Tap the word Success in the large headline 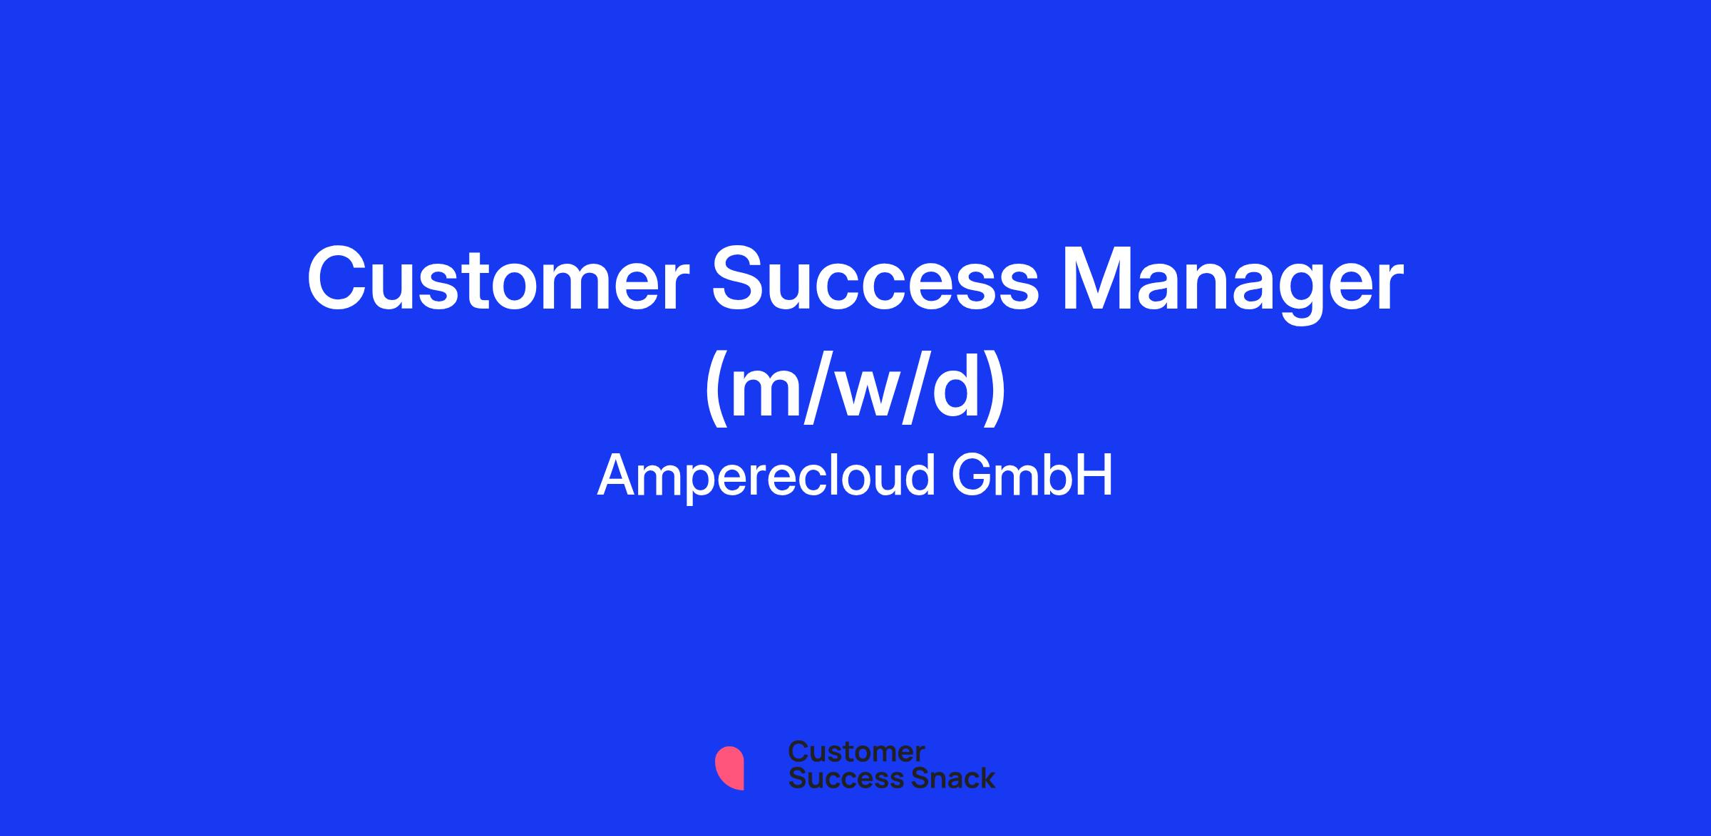[x=876, y=280]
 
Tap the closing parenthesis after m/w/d [x=995, y=389]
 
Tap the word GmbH [x=1032, y=475]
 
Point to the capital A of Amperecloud [x=619, y=475]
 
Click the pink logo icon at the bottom [x=729, y=768]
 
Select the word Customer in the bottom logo [x=856, y=751]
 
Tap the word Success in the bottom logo [x=837, y=778]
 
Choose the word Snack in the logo [x=943, y=778]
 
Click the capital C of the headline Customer [x=338, y=280]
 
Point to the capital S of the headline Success [x=741, y=280]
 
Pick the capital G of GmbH [x=972, y=475]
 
